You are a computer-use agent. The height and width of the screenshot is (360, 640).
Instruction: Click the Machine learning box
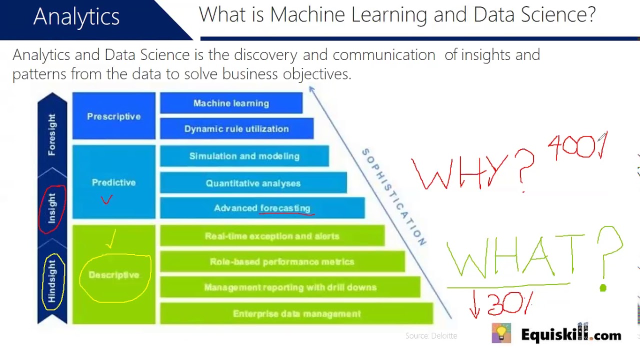point(231,103)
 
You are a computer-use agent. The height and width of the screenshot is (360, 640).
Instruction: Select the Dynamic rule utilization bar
point(236,129)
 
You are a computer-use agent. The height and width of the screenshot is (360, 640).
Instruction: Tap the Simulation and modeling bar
point(244,156)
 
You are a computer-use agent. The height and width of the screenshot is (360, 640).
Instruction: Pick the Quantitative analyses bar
point(253,183)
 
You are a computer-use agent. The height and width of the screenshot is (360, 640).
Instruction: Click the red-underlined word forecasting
point(285,208)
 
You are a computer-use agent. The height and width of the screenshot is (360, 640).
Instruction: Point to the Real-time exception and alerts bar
point(272,236)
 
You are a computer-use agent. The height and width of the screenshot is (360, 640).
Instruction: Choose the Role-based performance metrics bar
point(282,262)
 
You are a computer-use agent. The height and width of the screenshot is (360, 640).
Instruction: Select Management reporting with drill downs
point(290,287)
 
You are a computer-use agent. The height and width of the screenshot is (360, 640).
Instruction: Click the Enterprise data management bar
point(296,314)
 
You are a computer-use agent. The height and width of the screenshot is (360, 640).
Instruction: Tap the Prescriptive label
point(113,116)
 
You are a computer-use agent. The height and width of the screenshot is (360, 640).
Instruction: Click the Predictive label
point(113,182)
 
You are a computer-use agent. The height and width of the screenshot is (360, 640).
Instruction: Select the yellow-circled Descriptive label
point(114,275)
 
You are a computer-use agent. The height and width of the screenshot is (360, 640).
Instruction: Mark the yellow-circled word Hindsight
point(52,281)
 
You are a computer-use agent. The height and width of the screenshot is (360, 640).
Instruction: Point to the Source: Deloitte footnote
point(431,336)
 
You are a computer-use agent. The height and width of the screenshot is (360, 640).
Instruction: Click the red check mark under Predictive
point(106,200)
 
